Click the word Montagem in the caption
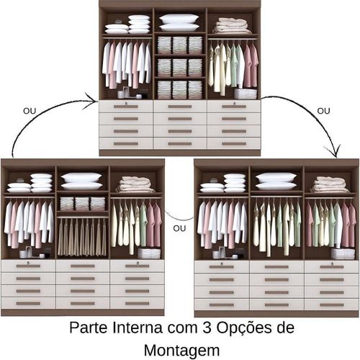point(181,351)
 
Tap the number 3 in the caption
point(207,328)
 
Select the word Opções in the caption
point(243,328)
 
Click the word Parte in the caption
point(89,328)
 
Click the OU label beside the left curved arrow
point(30,111)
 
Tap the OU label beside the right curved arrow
point(323,111)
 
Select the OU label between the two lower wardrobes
point(179,228)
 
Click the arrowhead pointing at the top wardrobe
point(91,100)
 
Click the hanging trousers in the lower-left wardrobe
point(82,238)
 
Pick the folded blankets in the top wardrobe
point(231,26)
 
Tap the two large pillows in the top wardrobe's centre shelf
point(179,22)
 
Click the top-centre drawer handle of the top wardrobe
point(180,107)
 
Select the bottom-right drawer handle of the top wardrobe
point(234,144)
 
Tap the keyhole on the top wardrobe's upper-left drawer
point(125,103)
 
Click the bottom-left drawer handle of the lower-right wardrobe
point(222,305)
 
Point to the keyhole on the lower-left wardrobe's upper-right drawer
point(138,263)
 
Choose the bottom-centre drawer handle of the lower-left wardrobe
point(83,304)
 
